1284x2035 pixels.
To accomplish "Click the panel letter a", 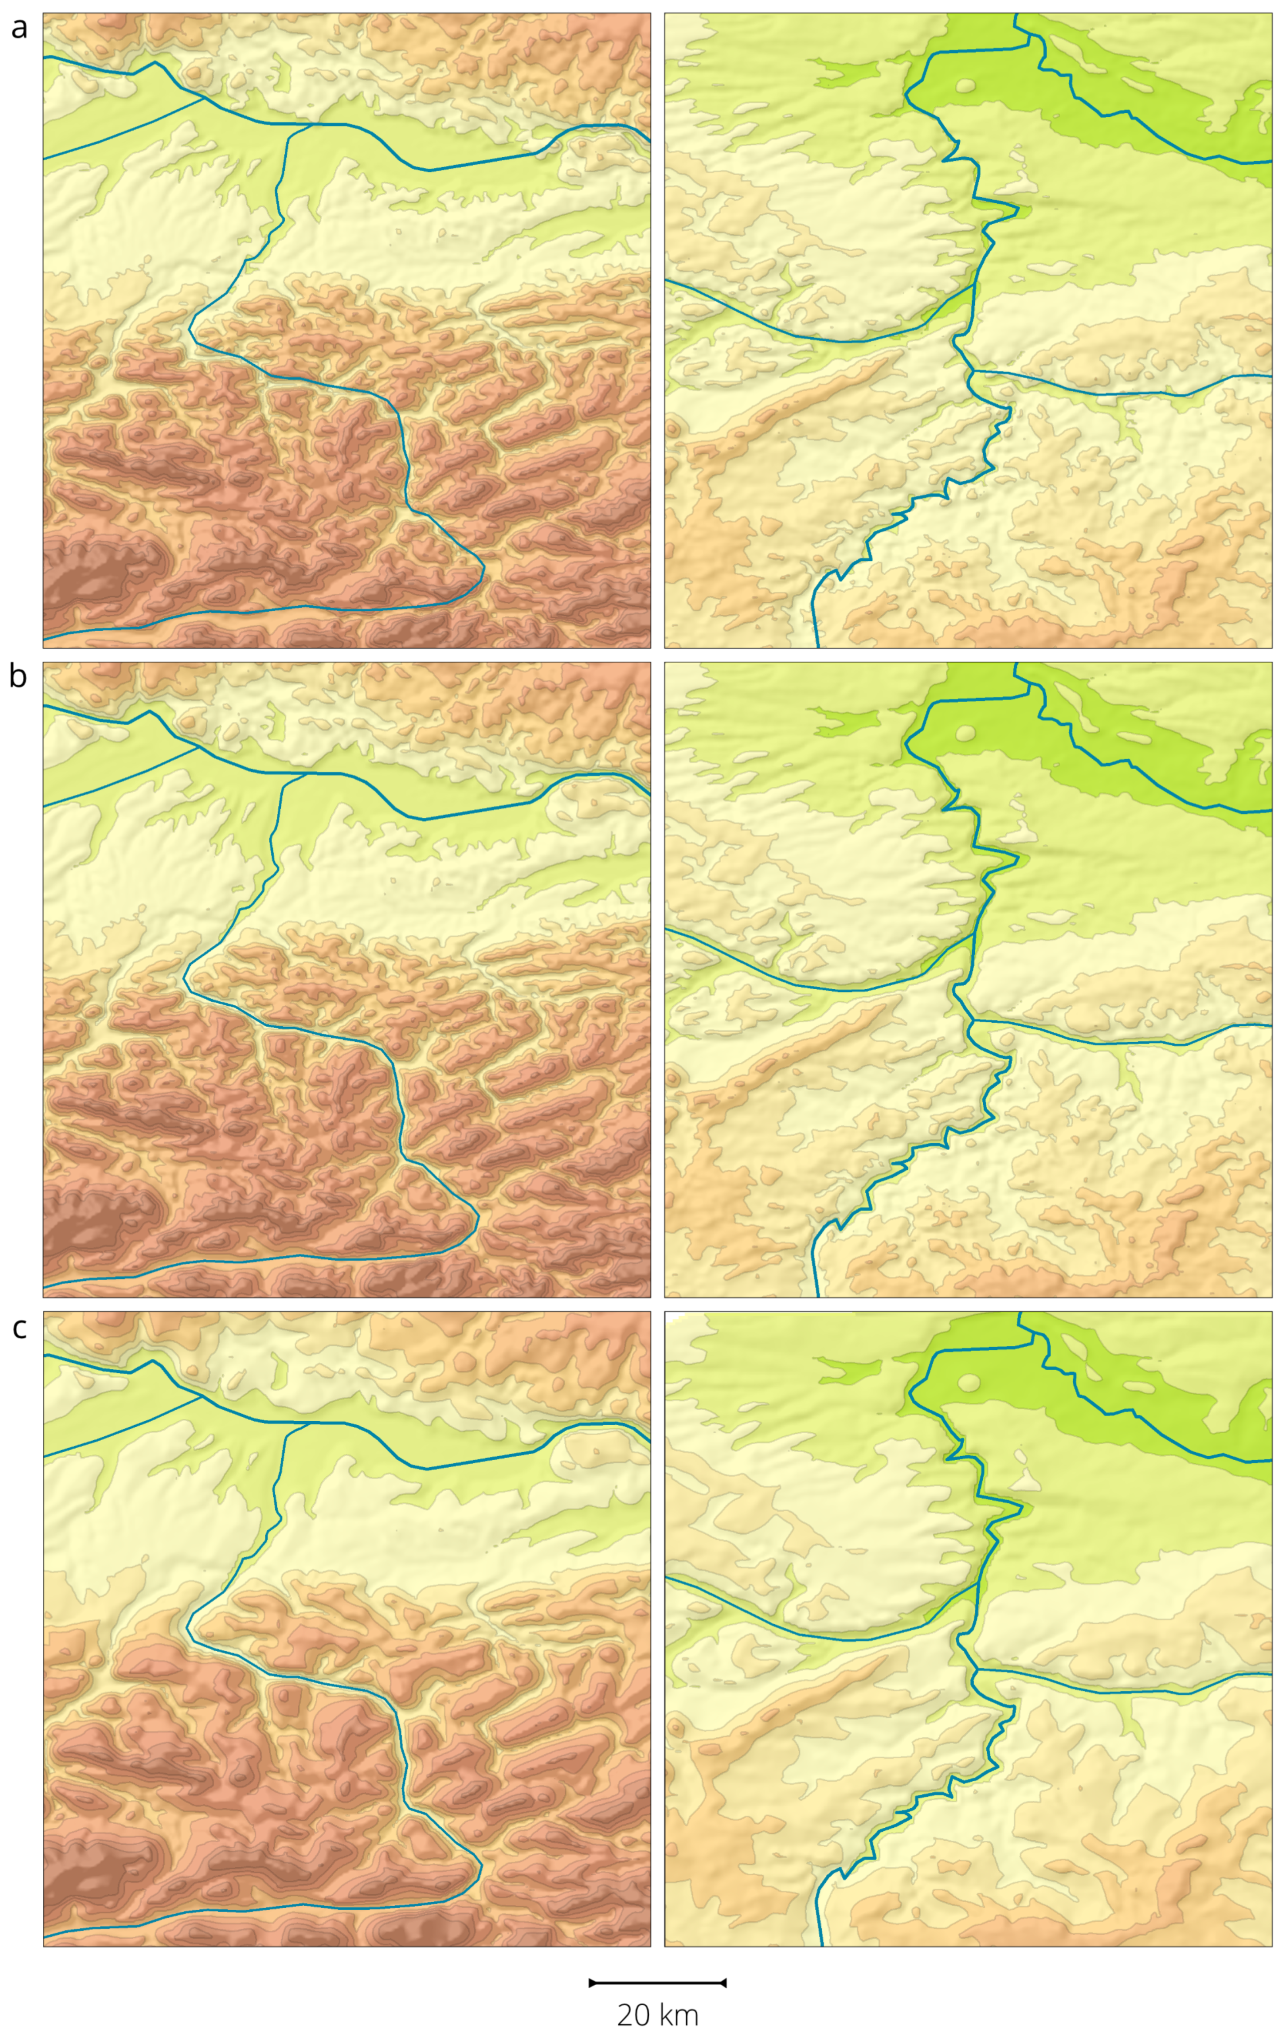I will coord(18,28).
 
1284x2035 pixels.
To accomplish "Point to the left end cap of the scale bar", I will coord(590,1982).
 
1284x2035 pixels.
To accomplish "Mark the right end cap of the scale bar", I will coord(724,1982).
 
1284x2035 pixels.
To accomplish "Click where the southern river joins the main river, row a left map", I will coord(290,125).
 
